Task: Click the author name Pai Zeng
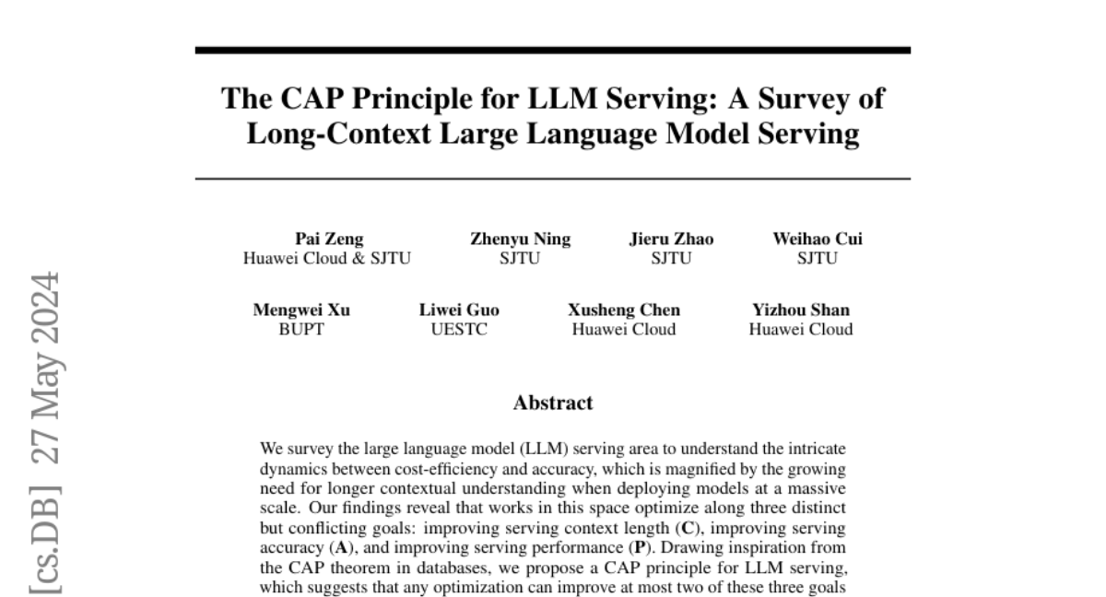tap(328, 240)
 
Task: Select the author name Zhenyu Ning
tap(520, 240)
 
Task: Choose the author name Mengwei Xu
tap(301, 310)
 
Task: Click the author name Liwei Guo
tap(459, 310)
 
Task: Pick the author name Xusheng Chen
tap(624, 310)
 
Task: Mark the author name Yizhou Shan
tap(801, 310)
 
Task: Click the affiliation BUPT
tap(301, 329)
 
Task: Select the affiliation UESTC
tap(459, 329)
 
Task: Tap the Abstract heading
tap(553, 403)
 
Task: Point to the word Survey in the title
tap(788, 99)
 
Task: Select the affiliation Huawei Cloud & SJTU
tap(327, 258)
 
